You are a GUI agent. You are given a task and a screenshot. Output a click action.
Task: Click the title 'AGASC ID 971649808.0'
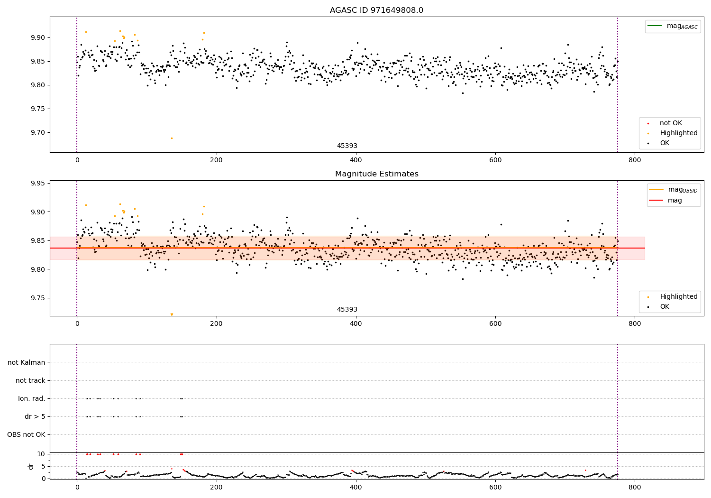(x=376, y=10)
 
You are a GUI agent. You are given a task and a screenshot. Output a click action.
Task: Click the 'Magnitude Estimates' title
(x=376, y=174)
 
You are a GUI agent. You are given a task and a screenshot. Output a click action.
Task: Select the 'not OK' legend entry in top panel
(x=671, y=123)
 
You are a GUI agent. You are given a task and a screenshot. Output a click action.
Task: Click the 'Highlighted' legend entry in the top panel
(x=678, y=133)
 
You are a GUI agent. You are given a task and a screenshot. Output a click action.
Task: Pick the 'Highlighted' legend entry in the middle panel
(x=678, y=297)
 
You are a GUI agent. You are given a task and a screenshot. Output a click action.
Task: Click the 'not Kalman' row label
(x=27, y=362)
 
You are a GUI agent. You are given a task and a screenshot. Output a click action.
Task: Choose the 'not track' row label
(x=30, y=380)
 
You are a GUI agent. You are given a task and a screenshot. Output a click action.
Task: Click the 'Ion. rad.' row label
(x=32, y=398)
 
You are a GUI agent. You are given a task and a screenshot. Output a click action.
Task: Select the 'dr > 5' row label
(x=35, y=416)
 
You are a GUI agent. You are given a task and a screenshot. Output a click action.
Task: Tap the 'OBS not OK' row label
(x=26, y=434)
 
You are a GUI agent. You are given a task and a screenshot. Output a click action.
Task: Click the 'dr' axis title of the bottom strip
(x=31, y=466)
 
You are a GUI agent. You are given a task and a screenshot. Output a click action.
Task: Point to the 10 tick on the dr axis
(x=41, y=454)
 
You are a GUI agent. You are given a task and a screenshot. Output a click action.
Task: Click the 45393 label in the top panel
(x=347, y=146)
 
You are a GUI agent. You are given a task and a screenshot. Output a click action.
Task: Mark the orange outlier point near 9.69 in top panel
(x=172, y=138)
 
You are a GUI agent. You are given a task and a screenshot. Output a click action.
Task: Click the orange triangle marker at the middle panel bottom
(x=172, y=314)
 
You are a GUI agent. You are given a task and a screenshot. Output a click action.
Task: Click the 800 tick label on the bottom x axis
(x=635, y=489)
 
